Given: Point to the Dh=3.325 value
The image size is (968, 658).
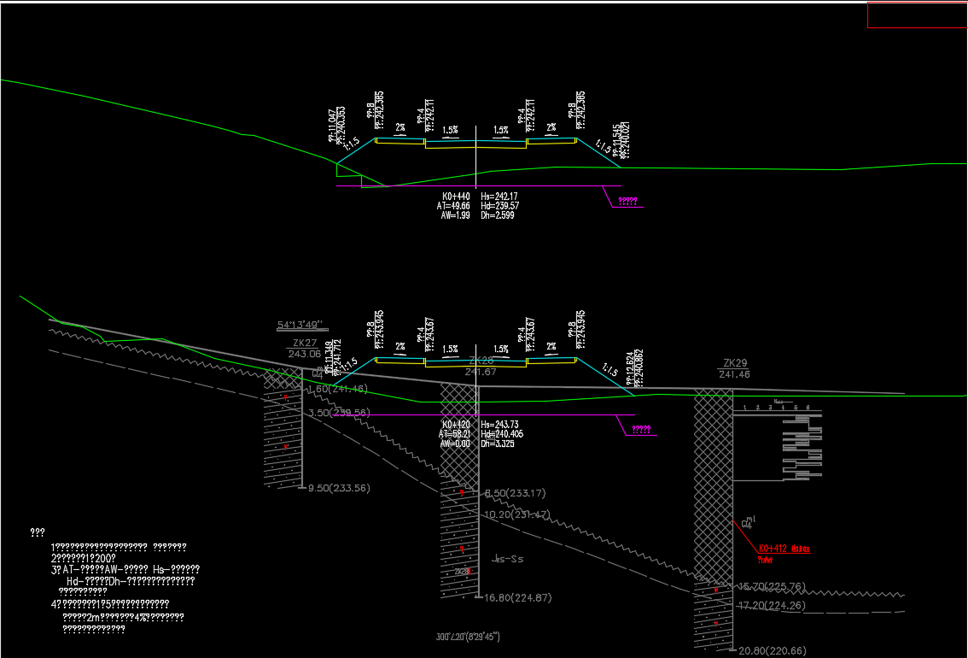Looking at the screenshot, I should coord(499,444).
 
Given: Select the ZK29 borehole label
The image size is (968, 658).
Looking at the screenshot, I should coord(735,363).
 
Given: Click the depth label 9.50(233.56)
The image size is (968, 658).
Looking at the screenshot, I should coord(339,488).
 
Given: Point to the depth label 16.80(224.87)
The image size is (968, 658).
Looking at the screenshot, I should coord(518,597).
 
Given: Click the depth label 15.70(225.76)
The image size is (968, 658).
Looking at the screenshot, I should coord(772,586).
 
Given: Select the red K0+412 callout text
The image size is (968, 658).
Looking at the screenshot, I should coord(783,549).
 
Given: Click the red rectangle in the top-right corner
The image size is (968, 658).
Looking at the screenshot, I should coord(918,15).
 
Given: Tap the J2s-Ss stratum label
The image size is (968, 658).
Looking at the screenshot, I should coord(508,559).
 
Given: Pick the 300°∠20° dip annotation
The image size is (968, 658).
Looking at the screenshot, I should coord(467,637).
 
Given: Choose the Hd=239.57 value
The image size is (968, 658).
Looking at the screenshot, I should coord(500,206).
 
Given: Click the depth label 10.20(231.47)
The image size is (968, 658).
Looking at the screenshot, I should coord(516,514).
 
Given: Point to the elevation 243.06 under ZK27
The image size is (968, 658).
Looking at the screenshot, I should coord(305,354).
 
